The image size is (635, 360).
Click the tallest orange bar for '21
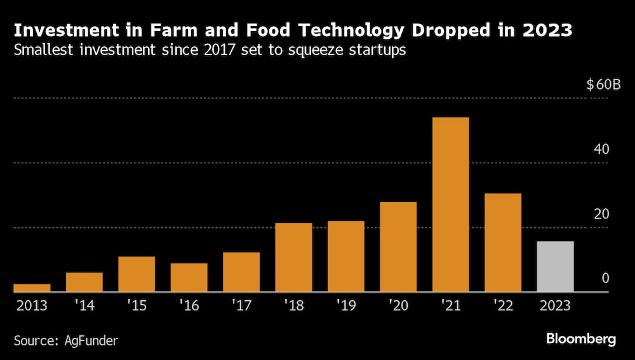pos(450,204)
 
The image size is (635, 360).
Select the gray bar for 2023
pos(555,267)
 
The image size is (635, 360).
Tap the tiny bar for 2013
pos(32,288)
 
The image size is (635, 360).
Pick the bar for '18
pos(293,257)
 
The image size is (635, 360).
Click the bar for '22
pos(503,243)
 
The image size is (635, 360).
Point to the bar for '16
pos(189,277)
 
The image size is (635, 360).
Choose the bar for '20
pos(398,247)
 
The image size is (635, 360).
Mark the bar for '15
pos(137,274)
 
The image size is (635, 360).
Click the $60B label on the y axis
pos(603,85)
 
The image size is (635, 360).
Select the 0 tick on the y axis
pos(605,278)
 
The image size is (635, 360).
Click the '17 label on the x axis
pos(241,305)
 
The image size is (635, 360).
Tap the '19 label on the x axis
pos(345,305)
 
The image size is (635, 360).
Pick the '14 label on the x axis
pos(84,305)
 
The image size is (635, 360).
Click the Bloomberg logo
pos(580,339)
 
